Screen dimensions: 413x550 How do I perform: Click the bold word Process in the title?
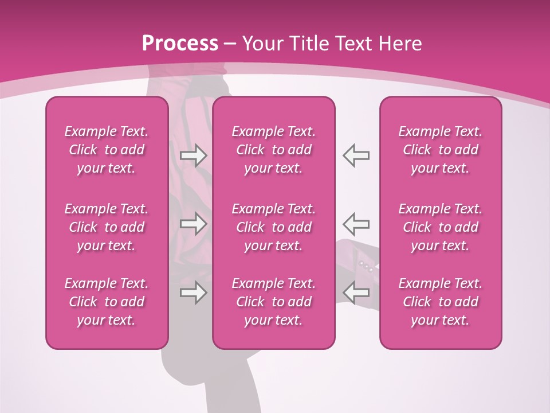point(180,44)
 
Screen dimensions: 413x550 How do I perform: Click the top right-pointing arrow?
point(193,155)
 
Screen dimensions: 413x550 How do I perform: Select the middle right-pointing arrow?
point(193,224)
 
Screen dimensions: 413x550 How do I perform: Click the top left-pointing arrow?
point(356,155)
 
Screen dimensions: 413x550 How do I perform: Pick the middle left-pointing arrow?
point(356,224)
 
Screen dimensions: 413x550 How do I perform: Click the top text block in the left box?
point(107,150)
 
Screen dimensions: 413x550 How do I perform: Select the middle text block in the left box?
point(107,227)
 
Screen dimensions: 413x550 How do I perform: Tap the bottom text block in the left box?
point(107,302)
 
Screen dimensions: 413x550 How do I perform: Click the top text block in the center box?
point(273,150)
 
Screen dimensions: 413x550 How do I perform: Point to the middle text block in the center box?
point(273,227)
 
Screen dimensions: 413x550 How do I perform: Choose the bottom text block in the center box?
point(273,302)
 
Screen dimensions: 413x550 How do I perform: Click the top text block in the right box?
point(440,150)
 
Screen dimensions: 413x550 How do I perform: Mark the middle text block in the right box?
point(440,227)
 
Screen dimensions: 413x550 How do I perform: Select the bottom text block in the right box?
point(440,302)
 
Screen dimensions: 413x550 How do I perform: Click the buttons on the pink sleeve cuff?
point(367,266)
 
